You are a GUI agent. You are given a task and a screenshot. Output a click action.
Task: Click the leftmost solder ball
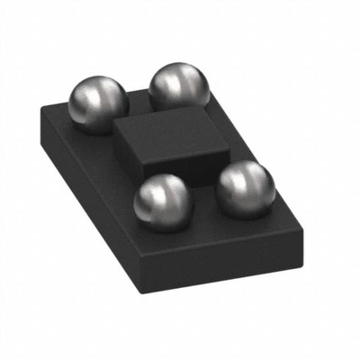(x=97, y=103)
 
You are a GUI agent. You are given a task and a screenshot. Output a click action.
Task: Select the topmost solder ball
(x=179, y=87)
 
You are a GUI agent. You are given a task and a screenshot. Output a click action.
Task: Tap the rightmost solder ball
(x=245, y=188)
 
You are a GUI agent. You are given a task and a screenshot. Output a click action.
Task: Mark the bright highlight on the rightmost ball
(x=236, y=176)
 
